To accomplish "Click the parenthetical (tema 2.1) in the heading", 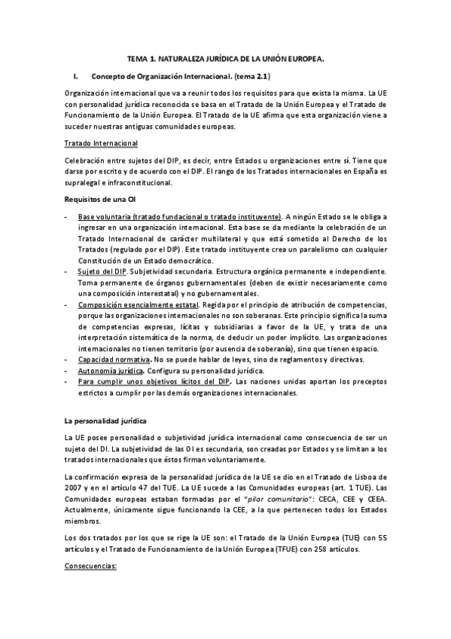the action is pos(252,76).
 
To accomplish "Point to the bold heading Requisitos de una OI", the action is pos(100,199).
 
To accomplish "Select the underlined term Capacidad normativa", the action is pos(113,361).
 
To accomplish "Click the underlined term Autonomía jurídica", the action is pos(111,371).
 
